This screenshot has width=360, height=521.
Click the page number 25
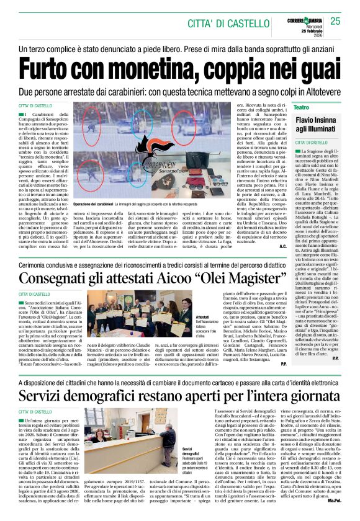click(335, 21)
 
